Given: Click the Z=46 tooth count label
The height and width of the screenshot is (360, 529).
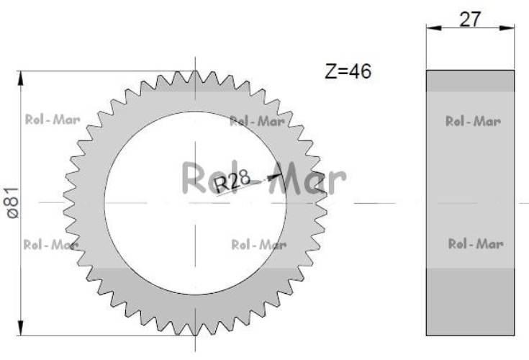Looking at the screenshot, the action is tap(348, 71).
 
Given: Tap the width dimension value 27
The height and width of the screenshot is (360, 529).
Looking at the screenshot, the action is tap(469, 19).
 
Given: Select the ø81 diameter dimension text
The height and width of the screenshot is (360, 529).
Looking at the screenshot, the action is tap(13, 203).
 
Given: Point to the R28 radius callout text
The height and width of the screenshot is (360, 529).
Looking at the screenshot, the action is tap(232, 181).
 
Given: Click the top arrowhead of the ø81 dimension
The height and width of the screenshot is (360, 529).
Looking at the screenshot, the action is tap(21, 78).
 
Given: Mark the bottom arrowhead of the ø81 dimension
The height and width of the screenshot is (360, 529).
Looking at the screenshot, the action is tap(21, 328).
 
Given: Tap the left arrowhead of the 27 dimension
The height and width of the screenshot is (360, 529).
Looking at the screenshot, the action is tap(434, 27).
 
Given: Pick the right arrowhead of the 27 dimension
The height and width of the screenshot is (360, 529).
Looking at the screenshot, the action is tap(507, 27).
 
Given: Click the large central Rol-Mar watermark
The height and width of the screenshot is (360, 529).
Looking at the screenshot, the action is tap(264, 179).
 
